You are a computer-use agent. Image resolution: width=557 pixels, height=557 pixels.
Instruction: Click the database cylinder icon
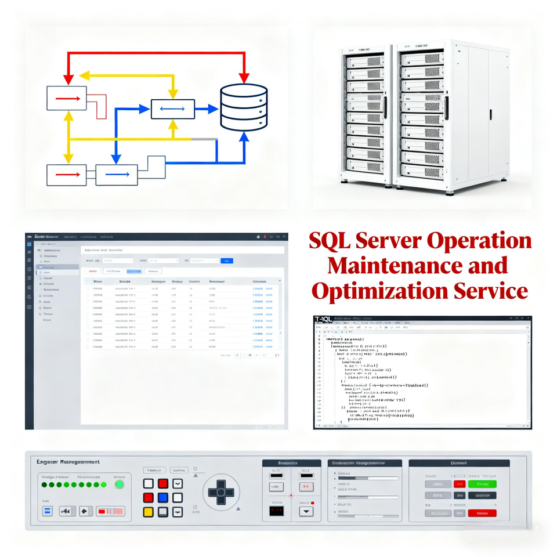244,107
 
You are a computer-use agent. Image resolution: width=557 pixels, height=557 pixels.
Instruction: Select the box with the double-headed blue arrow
172,109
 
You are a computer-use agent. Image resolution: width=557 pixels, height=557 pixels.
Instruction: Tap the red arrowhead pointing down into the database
244,77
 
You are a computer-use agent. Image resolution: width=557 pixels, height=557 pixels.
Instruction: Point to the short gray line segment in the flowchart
204,139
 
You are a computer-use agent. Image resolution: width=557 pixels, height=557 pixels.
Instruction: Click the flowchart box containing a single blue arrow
117,175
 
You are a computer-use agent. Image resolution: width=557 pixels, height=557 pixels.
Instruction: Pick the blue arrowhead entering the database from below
244,137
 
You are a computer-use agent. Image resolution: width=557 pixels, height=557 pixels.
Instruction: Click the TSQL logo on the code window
323,319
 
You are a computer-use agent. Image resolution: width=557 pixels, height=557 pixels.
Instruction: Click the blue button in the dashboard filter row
227,261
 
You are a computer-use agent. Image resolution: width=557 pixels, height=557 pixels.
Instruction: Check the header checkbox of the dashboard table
88,281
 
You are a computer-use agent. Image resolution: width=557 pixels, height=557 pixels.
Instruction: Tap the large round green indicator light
120,484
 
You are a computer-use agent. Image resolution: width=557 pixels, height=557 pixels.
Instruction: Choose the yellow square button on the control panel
149,512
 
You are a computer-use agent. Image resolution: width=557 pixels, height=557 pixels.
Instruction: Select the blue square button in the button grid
163,497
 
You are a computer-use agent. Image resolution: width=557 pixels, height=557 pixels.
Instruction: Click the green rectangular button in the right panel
482,484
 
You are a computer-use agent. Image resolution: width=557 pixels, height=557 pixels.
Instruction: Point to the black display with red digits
276,511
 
